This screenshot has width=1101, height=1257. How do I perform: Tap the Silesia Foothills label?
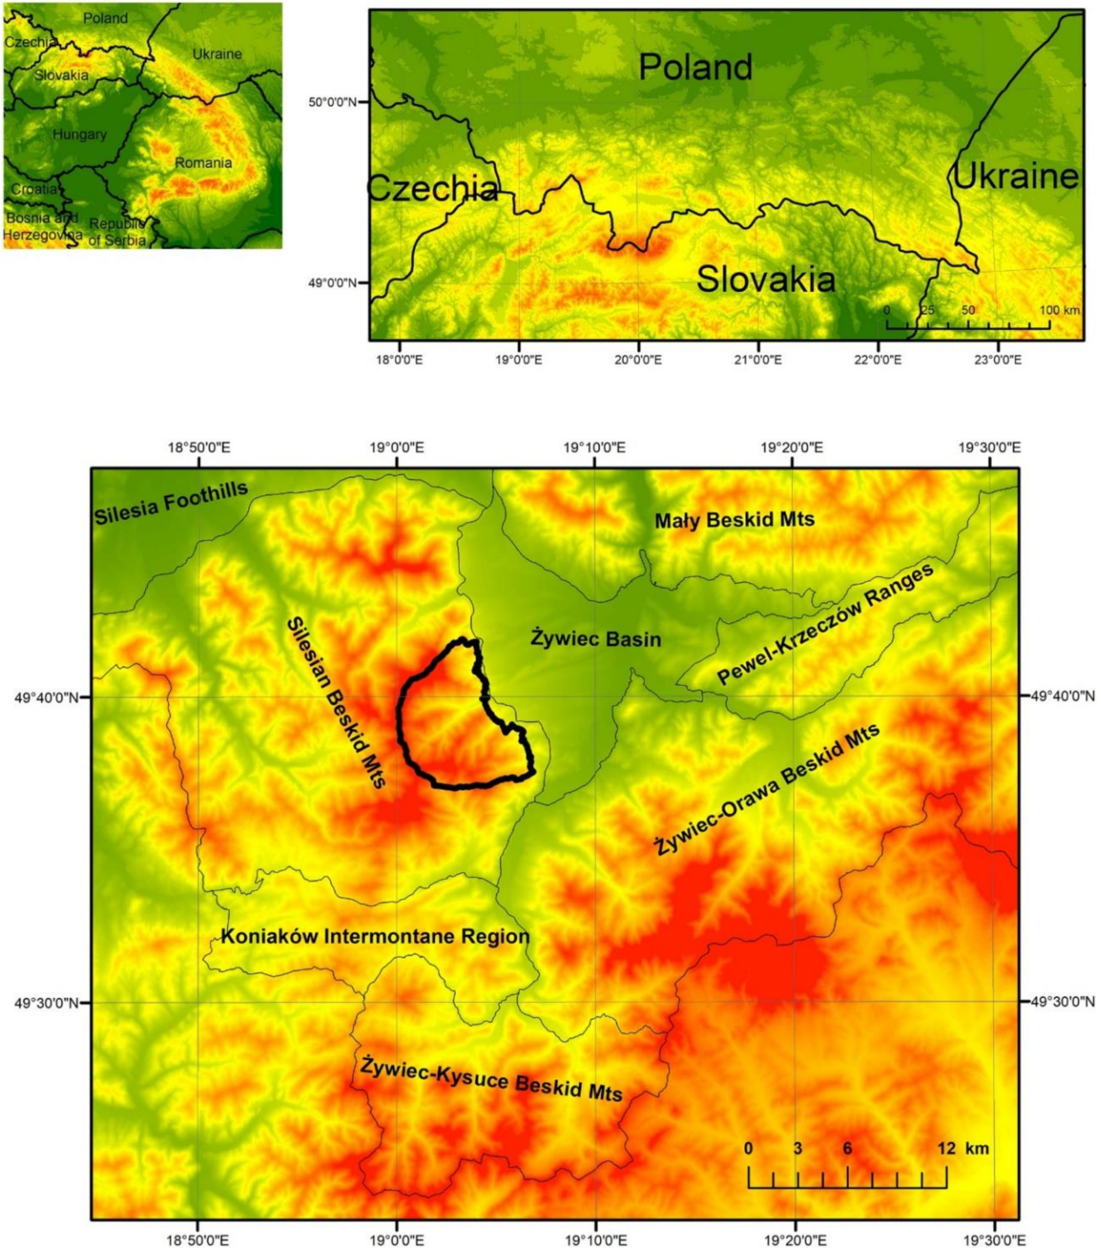coord(171,503)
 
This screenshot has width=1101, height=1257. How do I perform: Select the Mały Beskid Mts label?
coord(734,520)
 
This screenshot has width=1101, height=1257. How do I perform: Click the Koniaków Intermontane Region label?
coord(375,937)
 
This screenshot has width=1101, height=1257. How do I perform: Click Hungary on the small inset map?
coord(79,134)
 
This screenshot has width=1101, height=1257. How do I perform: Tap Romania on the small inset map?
coord(203,163)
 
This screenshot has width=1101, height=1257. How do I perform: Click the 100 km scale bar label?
coord(1060,310)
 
